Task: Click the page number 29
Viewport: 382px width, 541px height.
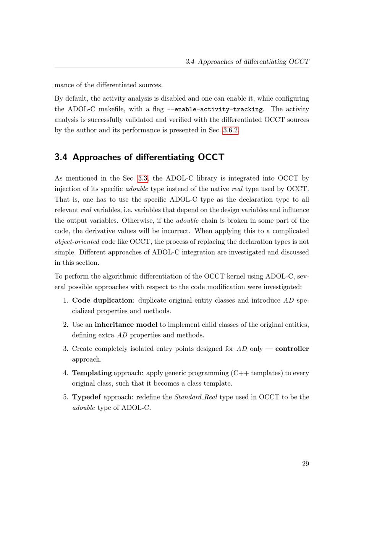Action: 305,464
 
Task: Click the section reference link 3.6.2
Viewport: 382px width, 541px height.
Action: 230,130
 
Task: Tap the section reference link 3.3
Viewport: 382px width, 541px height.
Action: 143,178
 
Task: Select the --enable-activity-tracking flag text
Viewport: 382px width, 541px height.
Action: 215,109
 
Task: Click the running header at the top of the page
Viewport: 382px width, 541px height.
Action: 247,62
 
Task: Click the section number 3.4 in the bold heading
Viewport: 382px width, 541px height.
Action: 61,157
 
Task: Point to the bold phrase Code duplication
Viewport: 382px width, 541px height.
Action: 102,300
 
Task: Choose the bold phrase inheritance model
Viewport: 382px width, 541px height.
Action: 126,324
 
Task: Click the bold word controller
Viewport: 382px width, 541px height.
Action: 292,349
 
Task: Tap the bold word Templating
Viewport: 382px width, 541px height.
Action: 92,373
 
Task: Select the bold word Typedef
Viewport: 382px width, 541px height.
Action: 86,397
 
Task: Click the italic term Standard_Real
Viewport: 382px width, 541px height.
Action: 196,397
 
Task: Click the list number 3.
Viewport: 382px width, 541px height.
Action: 65,349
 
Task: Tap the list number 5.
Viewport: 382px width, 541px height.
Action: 65,397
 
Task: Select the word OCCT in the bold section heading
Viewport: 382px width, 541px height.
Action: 211,157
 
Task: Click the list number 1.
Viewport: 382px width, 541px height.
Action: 65,300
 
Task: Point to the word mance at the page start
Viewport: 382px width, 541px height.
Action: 63,85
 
